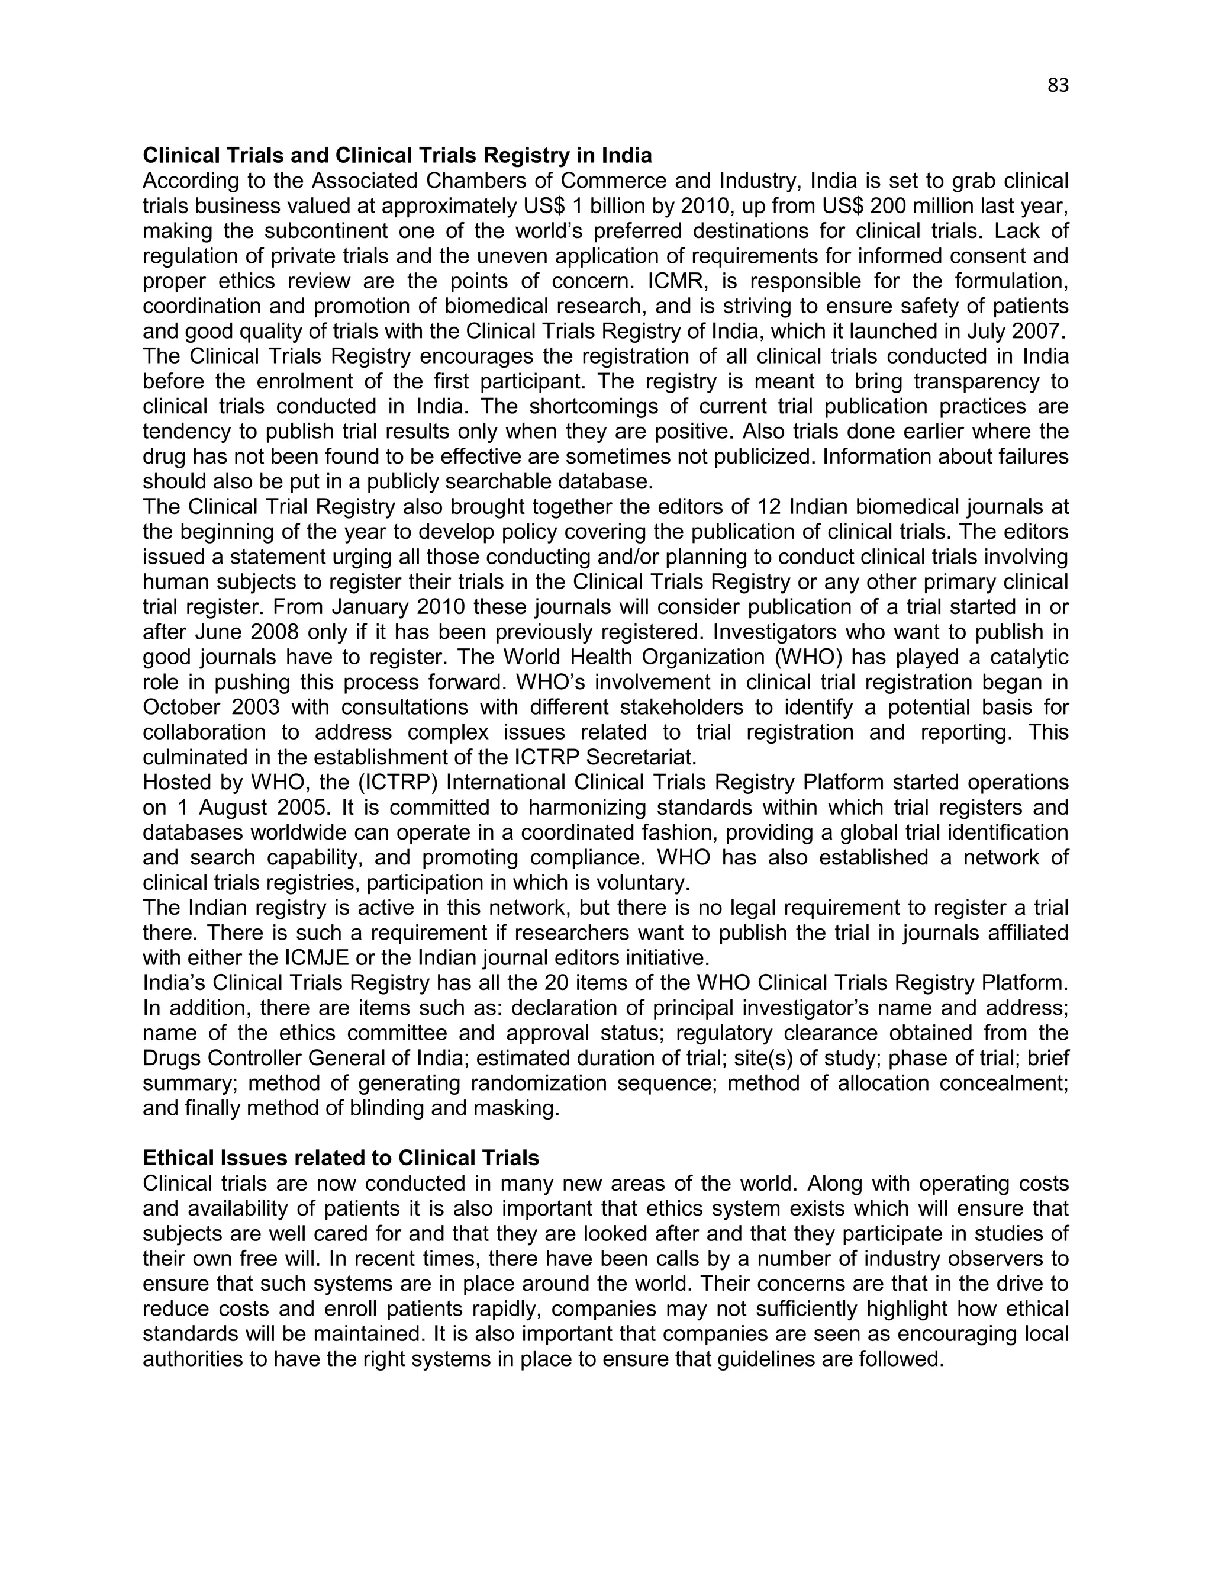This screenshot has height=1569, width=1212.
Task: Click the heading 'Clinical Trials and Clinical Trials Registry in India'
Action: click(397, 156)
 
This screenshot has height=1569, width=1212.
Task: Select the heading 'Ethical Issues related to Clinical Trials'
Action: click(340, 1158)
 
